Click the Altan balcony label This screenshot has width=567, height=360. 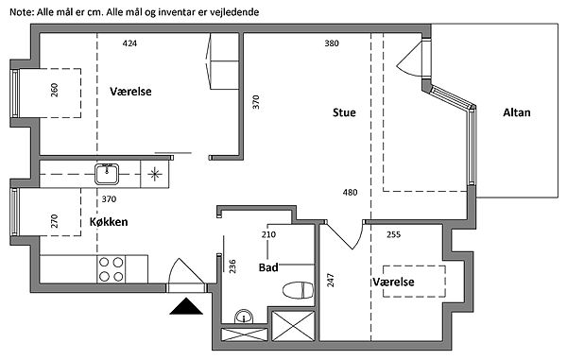(x=517, y=112)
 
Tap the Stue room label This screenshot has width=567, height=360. (x=344, y=112)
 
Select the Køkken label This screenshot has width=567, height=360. (x=109, y=221)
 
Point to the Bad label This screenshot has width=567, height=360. (x=268, y=267)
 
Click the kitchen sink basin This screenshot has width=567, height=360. (x=107, y=174)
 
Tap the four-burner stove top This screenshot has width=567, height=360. (x=111, y=269)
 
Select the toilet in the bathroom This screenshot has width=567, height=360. (x=298, y=290)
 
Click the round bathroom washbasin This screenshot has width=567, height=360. (x=244, y=317)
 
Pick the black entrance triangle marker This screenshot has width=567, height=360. (x=186, y=306)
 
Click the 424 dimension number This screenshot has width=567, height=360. (x=129, y=43)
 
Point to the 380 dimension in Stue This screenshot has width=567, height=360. (x=332, y=43)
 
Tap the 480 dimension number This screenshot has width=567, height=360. (x=350, y=193)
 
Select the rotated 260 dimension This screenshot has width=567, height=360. (x=54, y=90)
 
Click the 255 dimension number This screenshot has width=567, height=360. (x=393, y=234)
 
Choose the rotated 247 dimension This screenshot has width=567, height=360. (x=331, y=280)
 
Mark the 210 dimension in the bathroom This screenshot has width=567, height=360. (x=268, y=234)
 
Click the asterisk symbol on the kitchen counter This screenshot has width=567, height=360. (x=155, y=174)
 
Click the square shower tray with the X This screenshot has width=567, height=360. (x=293, y=326)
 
